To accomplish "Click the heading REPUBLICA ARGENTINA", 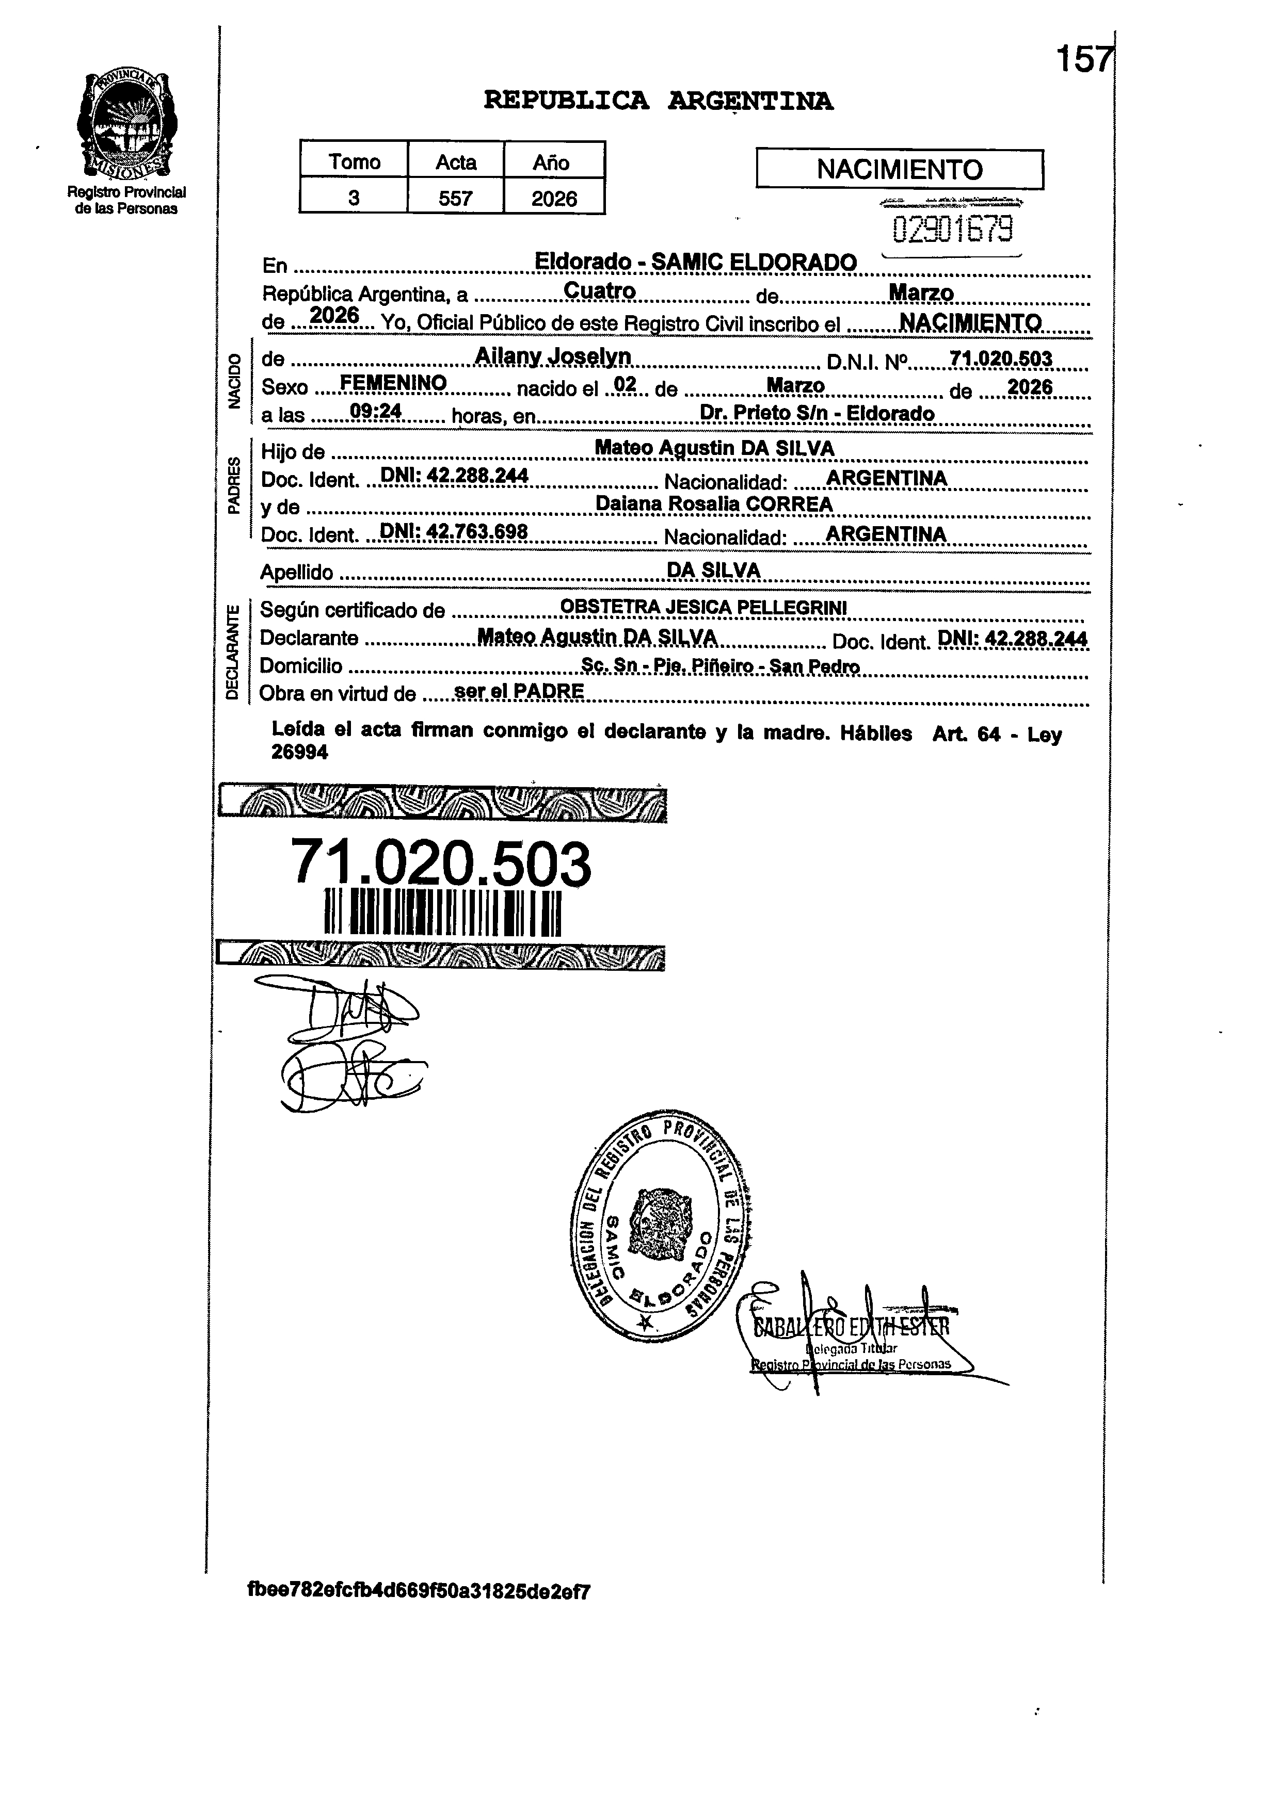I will pos(658,101).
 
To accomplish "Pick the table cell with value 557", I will pos(456,198).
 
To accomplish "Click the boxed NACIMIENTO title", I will pos(899,169).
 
